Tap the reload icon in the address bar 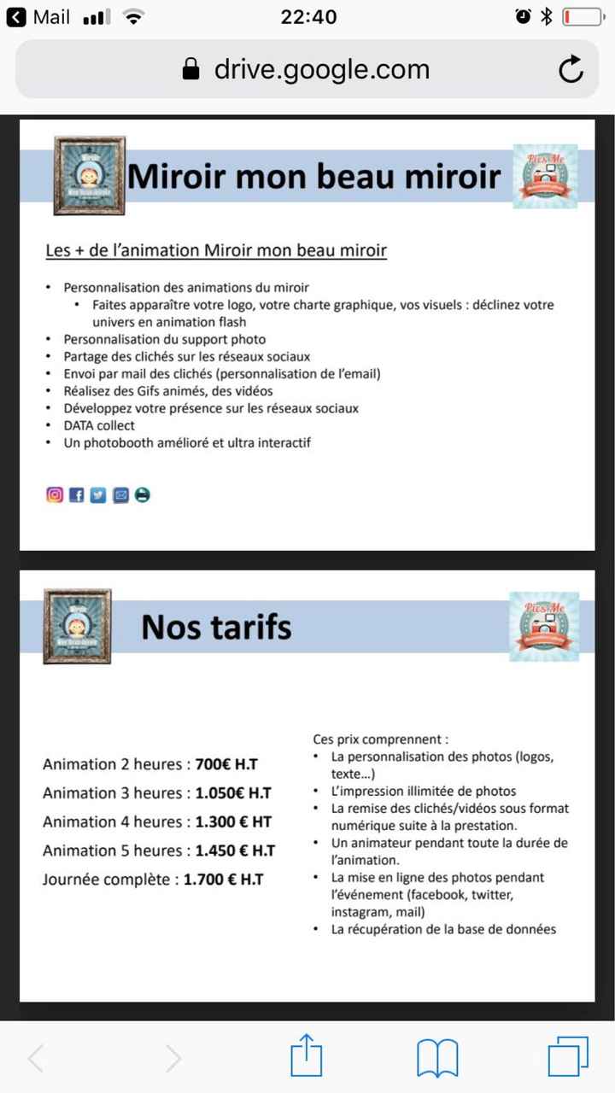click(x=571, y=69)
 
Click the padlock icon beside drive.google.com click(x=191, y=69)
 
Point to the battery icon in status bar click(x=583, y=17)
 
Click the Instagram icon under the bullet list click(x=55, y=494)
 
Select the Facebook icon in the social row click(x=77, y=494)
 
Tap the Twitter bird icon click(x=98, y=494)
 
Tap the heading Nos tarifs click(x=216, y=627)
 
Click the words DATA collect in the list click(x=99, y=425)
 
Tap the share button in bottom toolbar click(x=306, y=1059)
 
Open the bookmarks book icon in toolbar click(x=437, y=1059)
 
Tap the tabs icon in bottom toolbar click(x=567, y=1059)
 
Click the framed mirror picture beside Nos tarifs click(x=77, y=626)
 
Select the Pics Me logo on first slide click(x=545, y=176)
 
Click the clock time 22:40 click(x=308, y=17)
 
